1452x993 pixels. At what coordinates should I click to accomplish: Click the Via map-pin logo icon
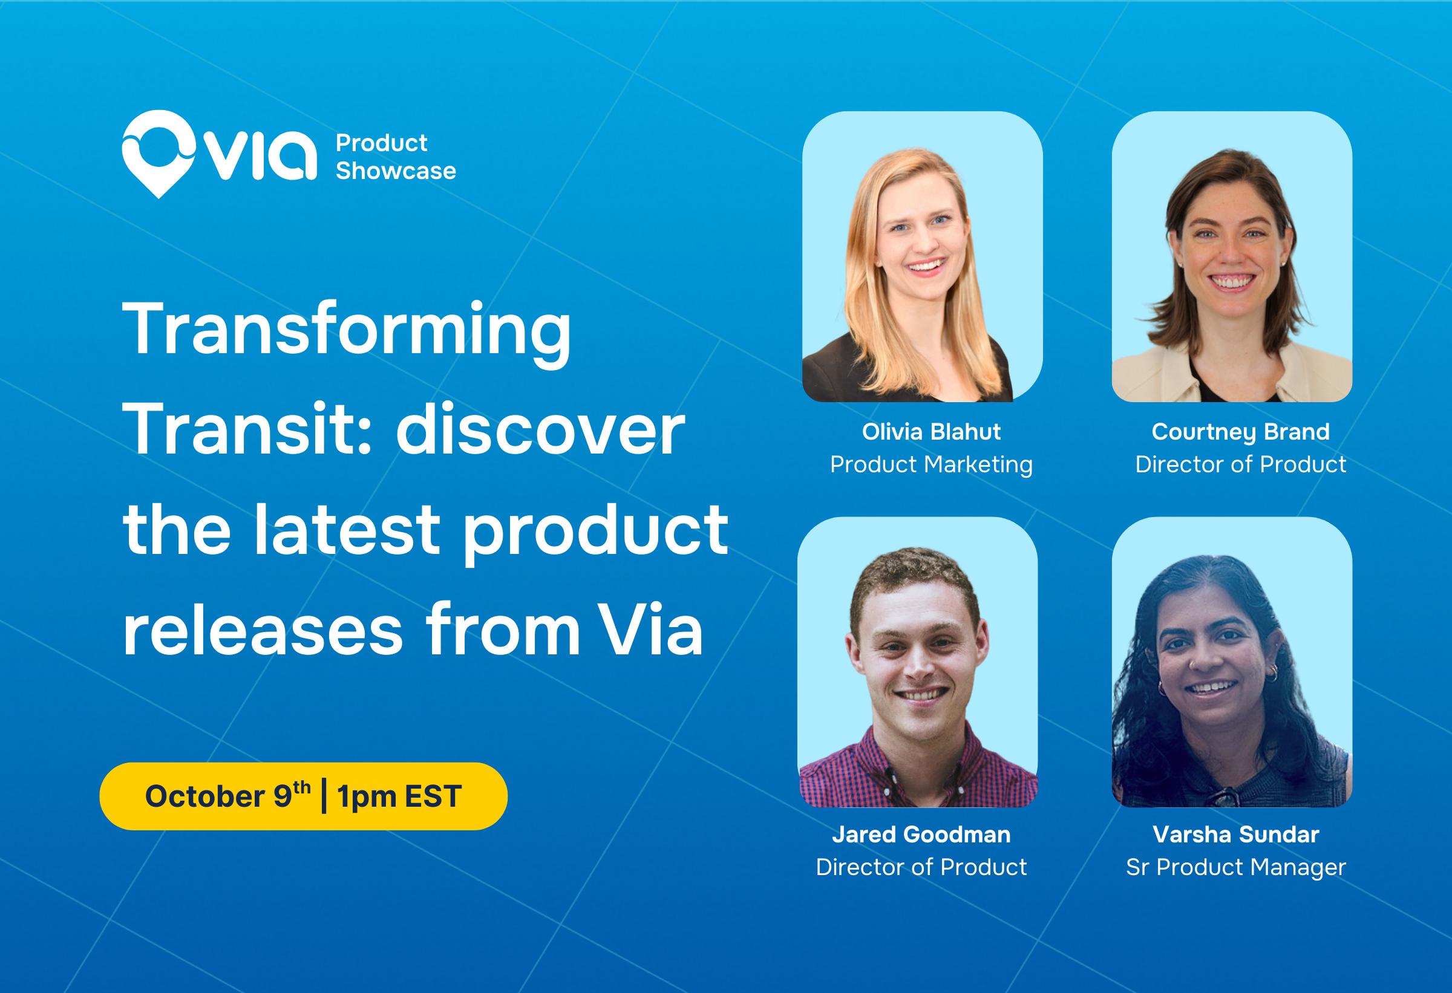point(159,154)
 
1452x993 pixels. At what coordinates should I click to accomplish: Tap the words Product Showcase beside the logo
point(396,157)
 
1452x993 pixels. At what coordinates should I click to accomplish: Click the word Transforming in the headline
point(347,331)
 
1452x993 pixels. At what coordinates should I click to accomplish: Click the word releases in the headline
point(263,631)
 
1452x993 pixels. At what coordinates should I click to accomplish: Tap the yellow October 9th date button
point(304,796)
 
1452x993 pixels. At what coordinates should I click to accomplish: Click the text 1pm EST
point(399,797)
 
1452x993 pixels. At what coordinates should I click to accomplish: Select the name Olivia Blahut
point(931,432)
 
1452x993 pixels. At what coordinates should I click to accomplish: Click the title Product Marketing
point(931,464)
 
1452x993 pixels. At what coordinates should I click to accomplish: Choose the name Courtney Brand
point(1240,432)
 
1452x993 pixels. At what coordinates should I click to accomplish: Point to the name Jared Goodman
point(921,835)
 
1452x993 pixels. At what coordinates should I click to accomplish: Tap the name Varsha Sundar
point(1236,835)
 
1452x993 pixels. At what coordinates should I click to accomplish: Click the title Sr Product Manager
point(1236,867)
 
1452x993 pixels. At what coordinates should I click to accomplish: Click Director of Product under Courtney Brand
point(1240,464)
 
